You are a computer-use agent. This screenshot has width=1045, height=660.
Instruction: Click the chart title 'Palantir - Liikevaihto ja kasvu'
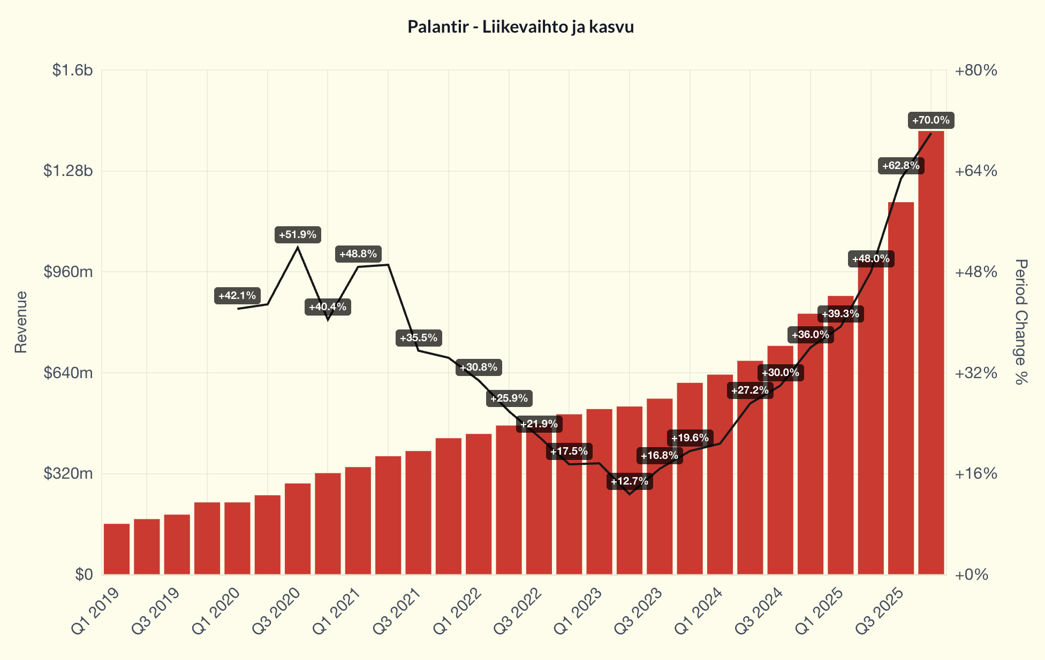click(520, 27)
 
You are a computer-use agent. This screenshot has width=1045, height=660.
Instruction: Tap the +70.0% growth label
click(930, 120)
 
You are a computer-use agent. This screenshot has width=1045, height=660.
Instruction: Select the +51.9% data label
click(298, 235)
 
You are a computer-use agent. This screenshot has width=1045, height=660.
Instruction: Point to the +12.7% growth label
click(630, 481)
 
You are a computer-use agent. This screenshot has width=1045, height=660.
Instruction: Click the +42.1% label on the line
click(237, 296)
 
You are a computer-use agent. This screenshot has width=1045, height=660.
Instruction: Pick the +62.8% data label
click(901, 166)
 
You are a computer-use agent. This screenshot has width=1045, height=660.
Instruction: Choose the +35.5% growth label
click(419, 338)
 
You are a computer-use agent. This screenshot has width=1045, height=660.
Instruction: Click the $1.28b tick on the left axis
click(68, 171)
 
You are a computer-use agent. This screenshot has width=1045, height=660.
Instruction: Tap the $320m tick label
click(68, 474)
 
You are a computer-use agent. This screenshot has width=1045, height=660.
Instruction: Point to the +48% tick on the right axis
click(976, 272)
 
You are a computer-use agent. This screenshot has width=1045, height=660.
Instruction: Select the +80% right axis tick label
click(976, 71)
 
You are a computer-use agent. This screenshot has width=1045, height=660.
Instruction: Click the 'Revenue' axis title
click(21, 322)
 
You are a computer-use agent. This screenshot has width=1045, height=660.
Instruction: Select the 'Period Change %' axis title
click(1021, 322)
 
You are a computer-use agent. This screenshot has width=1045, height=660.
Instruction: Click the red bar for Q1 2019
click(117, 549)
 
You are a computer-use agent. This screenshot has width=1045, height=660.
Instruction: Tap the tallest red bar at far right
click(931, 353)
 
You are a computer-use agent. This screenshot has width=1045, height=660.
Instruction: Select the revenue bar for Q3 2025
click(901, 388)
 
